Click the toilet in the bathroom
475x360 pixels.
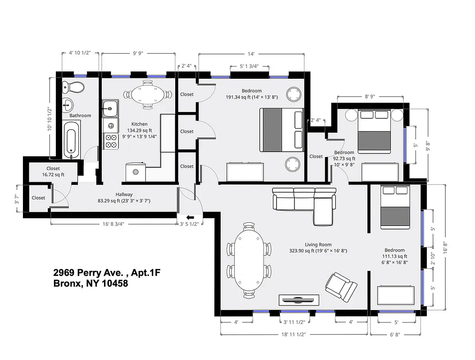[x=73, y=87]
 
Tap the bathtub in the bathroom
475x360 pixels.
[x=72, y=138]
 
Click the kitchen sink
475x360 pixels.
[x=110, y=108]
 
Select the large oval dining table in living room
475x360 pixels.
[x=249, y=260]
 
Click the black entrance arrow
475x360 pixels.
[x=185, y=217]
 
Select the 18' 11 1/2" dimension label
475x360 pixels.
[x=294, y=335]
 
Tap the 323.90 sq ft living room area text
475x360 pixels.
[x=318, y=251]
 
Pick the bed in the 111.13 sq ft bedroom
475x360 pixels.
[x=395, y=207]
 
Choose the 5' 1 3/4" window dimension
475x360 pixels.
[x=249, y=67]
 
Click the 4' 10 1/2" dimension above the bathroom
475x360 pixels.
[x=80, y=53]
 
